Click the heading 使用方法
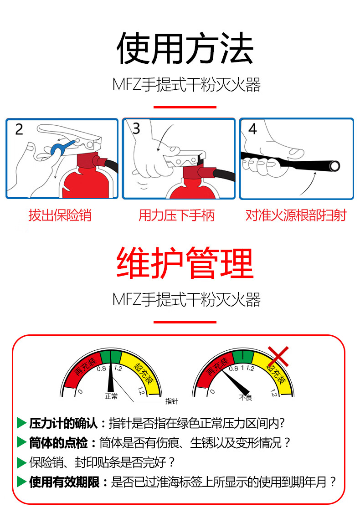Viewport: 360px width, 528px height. click(x=185, y=48)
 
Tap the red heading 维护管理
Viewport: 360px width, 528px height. click(x=185, y=263)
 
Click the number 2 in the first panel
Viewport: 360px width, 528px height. click(x=19, y=129)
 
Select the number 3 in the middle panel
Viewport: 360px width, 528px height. click(x=136, y=128)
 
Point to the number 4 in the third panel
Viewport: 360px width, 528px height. click(x=252, y=129)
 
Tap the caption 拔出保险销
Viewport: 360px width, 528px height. click(x=60, y=215)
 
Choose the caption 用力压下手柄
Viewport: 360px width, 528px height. click(x=176, y=215)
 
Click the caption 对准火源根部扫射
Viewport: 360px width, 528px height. click(x=296, y=215)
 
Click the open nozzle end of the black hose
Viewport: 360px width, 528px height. click(x=334, y=166)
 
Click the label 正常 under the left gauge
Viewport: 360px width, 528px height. click(x=111, y=396)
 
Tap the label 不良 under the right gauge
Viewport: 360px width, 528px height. click(x=246, y=397)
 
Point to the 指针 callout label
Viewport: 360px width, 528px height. click(x=172, y=401)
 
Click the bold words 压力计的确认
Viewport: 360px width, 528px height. click(x=63, y=423)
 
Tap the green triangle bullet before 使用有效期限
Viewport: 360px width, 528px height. click(x=21, y=482)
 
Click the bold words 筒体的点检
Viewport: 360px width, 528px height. click(x=58, y=443)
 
